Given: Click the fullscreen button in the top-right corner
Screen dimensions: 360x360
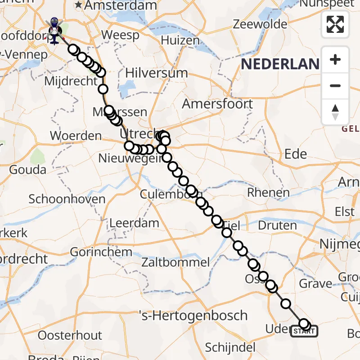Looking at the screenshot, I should coord(335,24).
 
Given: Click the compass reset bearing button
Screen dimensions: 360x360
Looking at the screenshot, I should coord(335,112).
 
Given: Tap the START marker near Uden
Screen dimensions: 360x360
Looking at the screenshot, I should coord(304,332).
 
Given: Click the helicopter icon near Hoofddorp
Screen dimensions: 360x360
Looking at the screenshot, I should coord(54,31).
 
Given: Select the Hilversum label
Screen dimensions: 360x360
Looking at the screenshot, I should coord(156,73).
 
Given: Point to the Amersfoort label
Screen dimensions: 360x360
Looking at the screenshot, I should coord(217,104).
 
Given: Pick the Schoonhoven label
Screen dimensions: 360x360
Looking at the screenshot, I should coord(67,199).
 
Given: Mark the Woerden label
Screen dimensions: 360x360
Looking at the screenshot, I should coord(76,135).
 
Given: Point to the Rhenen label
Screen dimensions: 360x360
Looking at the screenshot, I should coord(268,193).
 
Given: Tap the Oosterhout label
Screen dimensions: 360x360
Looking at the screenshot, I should coord(70,335).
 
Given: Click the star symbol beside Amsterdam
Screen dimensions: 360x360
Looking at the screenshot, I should coord(79,5).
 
